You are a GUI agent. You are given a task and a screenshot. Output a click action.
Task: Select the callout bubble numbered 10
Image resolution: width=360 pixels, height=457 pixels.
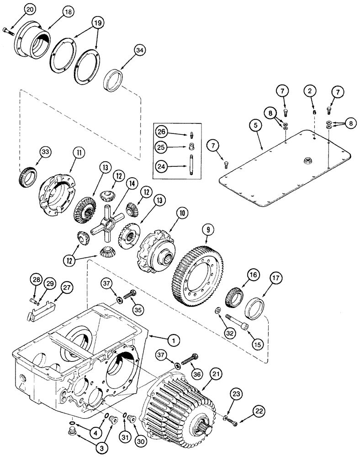tap(182, 213)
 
